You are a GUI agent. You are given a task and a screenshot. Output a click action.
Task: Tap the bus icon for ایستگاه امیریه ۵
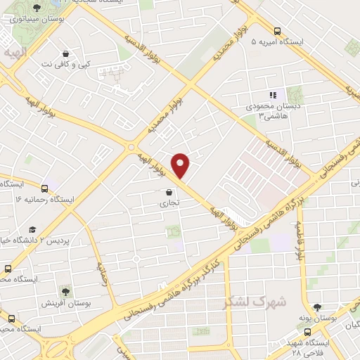click(278, 32)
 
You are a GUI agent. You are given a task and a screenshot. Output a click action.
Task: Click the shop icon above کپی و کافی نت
click(65, 53)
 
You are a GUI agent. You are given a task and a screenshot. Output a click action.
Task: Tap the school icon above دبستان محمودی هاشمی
click(274, 95)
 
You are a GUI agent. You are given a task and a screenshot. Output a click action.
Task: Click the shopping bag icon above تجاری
click(169, 191)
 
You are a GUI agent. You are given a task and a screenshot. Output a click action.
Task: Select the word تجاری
click(169, 202)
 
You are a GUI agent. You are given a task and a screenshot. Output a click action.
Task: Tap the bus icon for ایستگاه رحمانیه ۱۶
click(45, 188)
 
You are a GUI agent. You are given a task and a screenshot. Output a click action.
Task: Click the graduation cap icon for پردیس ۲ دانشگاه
click(32, 229)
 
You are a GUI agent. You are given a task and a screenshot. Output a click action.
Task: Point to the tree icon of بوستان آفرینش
click(65, 291)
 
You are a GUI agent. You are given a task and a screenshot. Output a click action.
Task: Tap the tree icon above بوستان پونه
click(317, 307)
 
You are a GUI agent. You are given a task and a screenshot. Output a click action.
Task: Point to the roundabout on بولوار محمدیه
click(130, 147)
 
